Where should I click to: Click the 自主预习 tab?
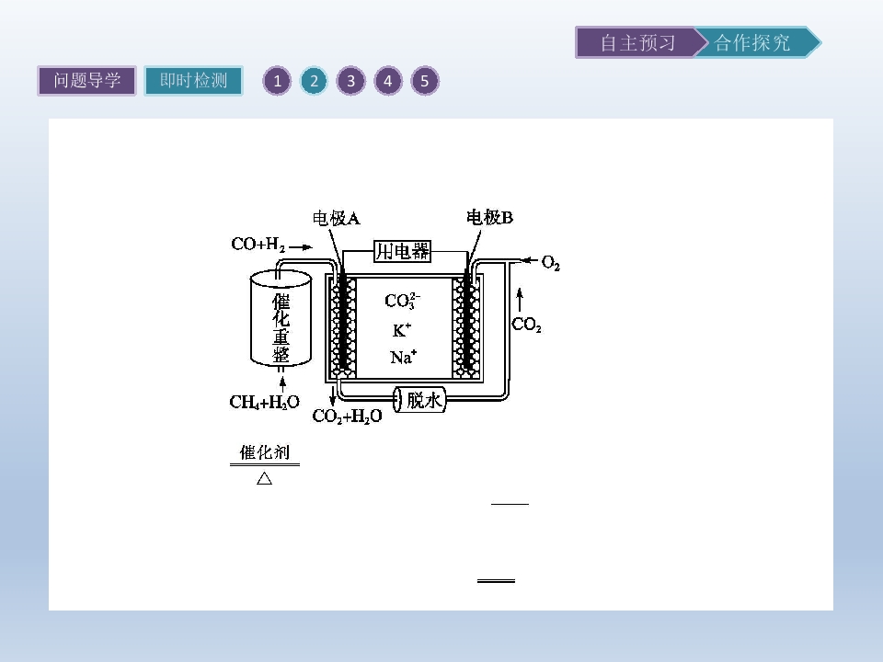click(637, 42)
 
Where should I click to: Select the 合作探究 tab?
click(754, 42)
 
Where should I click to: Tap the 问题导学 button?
click(86, 81)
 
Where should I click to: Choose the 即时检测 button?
click(193, 81)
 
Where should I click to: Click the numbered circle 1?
click(277, 81)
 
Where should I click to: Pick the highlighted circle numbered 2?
click(314, 81)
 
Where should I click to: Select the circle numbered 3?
click(350, 81)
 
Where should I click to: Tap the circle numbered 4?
click(387, 81)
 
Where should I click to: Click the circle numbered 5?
click(425, 81)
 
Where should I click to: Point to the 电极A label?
click(337, 218)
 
